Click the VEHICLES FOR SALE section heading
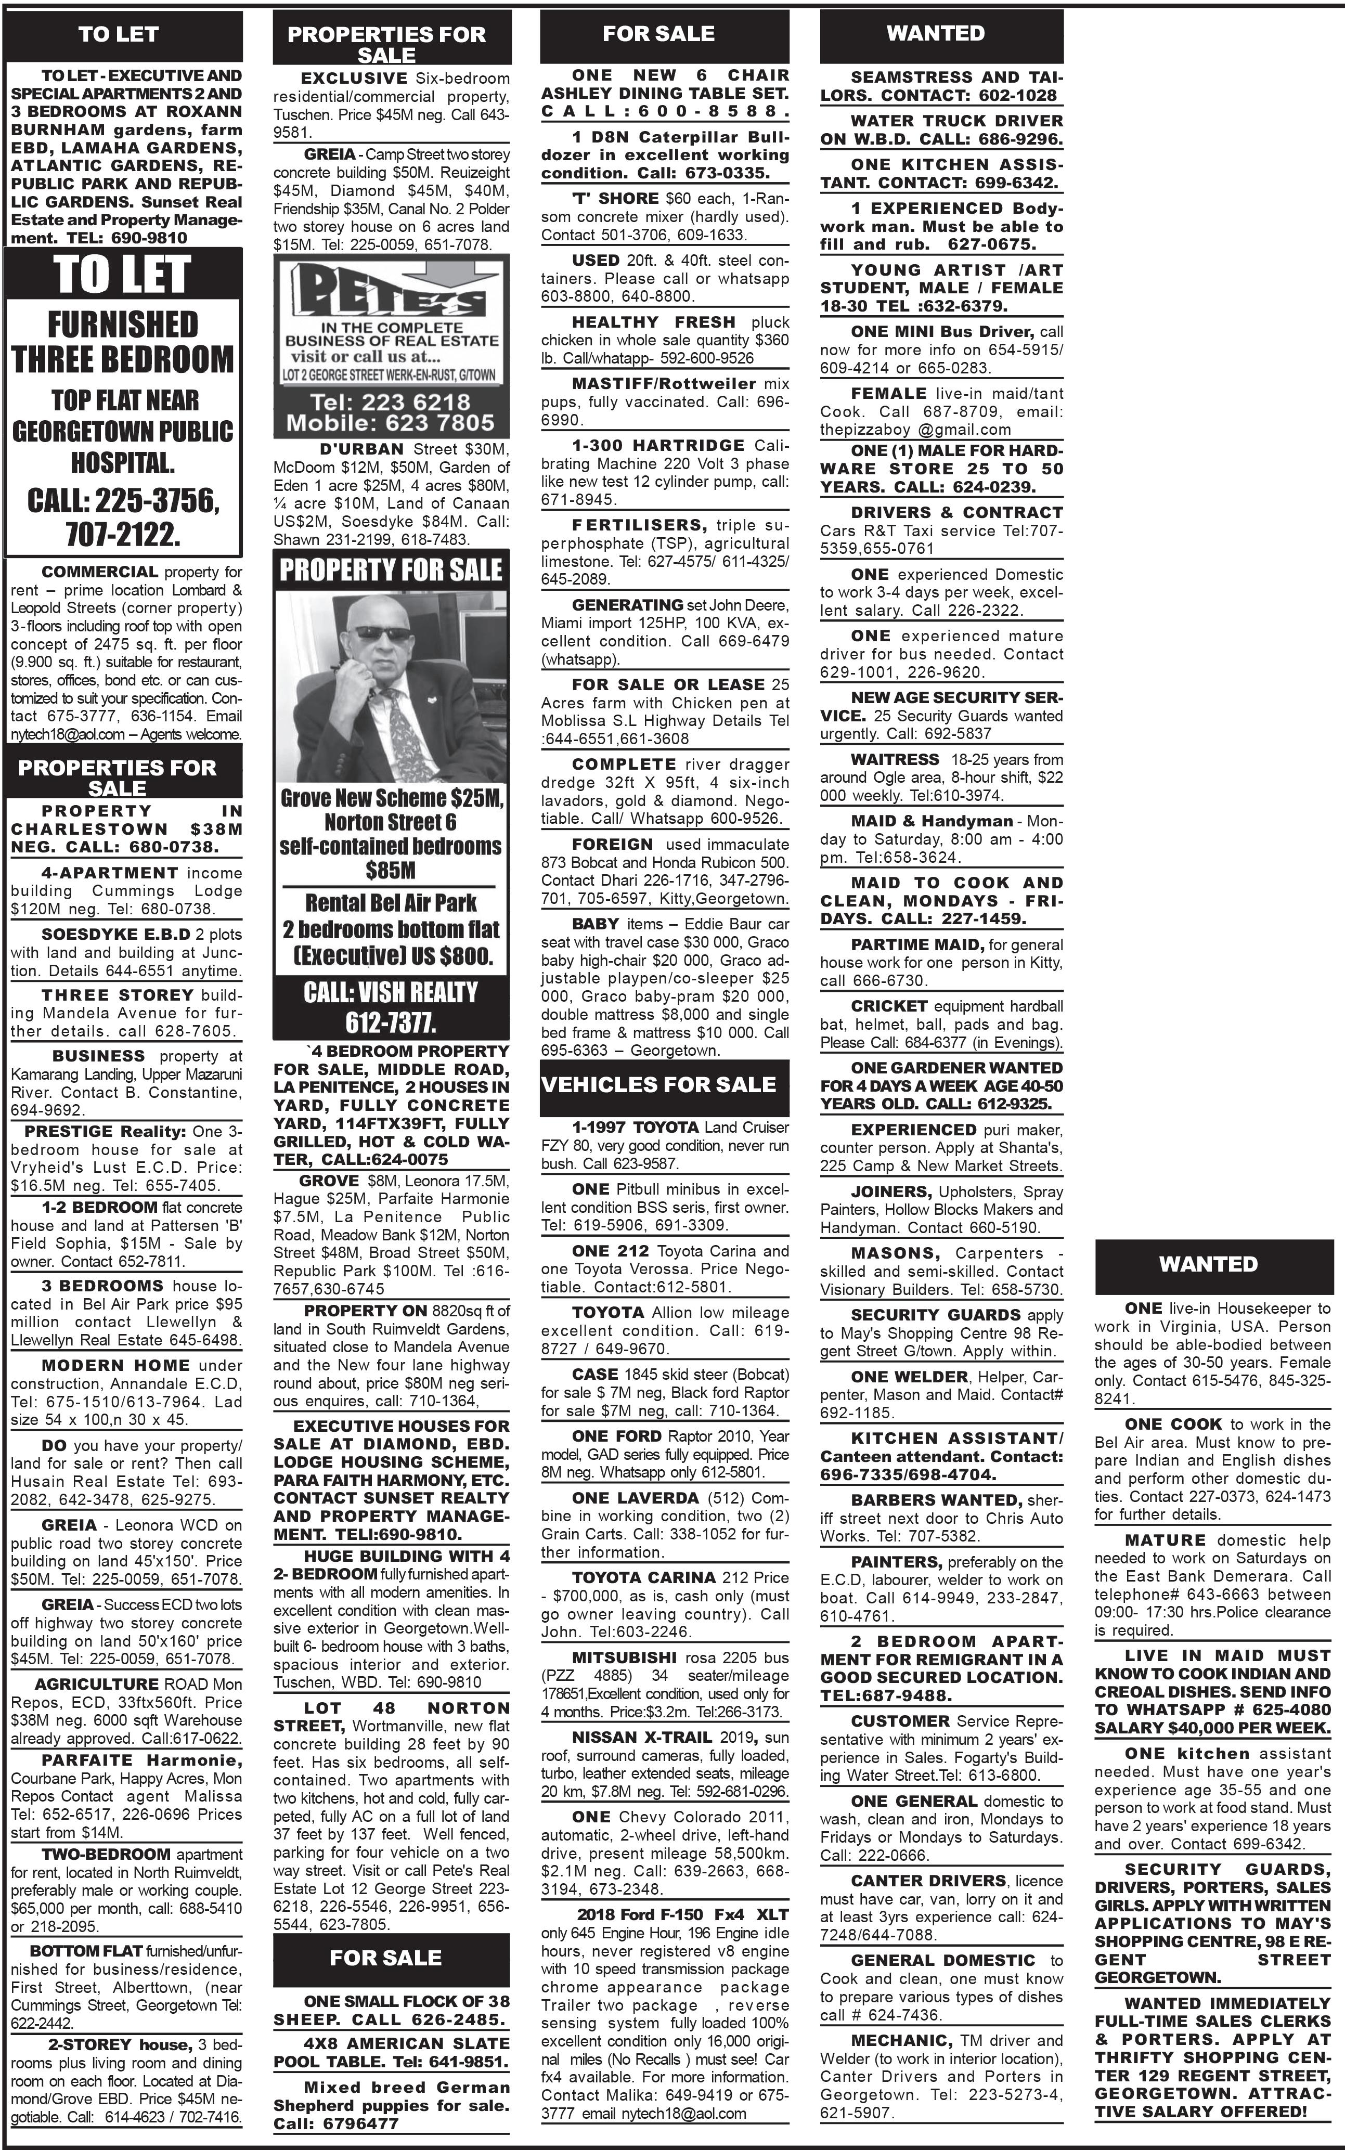[658, 1084]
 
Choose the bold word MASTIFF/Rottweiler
[664, 383]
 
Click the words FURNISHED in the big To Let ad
[123, 324]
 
